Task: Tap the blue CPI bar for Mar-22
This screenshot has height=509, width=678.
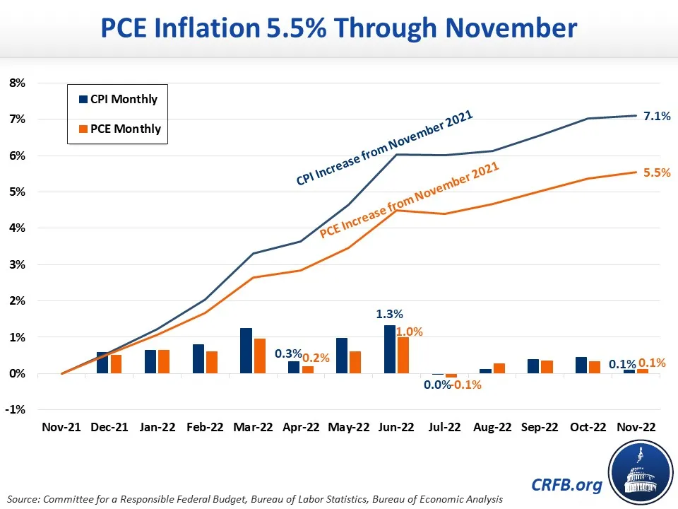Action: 246,351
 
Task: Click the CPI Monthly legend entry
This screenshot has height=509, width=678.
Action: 117,99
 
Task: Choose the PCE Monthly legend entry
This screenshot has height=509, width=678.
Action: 117,129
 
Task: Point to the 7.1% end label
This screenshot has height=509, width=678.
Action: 657,115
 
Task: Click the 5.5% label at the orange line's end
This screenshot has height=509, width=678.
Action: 657,172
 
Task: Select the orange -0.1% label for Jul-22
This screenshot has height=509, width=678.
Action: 467,385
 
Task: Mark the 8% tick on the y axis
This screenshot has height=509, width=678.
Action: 17,83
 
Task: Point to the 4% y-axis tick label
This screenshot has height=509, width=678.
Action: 17,228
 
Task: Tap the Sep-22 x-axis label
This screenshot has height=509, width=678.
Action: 540,428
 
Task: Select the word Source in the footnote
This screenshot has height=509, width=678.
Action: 26,500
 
